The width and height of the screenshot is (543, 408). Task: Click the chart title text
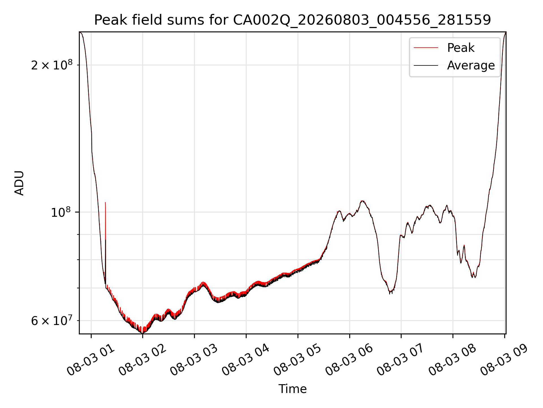pos(292,20)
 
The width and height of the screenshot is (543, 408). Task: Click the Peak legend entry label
pos(461,48)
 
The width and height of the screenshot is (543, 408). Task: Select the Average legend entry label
pos(471,65)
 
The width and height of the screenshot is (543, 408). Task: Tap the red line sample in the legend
pos(426,48)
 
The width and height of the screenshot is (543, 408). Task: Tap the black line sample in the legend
pos(426,65)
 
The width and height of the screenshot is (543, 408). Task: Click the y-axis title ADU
pos(19,183)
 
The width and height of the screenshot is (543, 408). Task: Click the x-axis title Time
pos(292,389)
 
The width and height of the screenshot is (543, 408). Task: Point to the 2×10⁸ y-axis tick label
pos(52,65)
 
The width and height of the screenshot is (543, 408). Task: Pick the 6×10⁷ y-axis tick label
pos(52,320)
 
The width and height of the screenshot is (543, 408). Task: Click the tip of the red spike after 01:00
pos(105,202)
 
